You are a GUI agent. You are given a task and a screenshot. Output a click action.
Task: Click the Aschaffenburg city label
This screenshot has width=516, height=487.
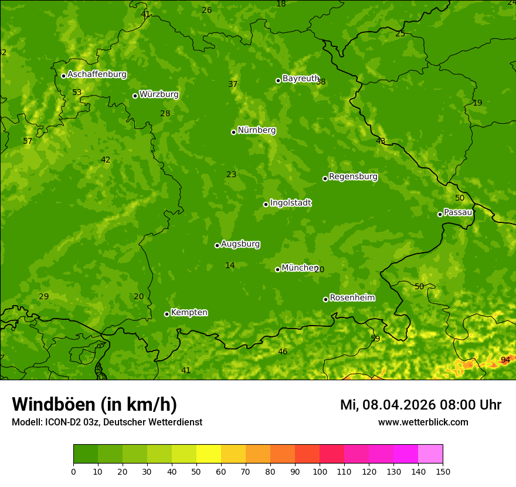[97, 75]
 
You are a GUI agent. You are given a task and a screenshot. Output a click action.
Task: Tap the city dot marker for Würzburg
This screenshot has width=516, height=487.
[135, 96]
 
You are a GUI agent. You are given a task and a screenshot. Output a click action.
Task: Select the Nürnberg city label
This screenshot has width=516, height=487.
[256, 130]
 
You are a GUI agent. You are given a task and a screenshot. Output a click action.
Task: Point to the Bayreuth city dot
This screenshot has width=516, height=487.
[278, 80]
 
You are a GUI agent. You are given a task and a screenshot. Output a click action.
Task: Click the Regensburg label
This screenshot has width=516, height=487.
[353, 177]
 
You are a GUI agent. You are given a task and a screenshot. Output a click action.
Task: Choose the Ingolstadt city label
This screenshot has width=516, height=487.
[290, 203]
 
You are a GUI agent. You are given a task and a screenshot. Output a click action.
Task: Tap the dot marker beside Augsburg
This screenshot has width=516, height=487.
[217, 245]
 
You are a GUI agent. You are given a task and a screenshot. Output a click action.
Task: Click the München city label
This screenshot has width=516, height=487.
[300, 268]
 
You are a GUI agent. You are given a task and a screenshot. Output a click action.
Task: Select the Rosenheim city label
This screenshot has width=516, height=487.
[352, 298]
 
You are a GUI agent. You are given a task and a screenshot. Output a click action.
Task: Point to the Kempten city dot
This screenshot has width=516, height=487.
[167, 314]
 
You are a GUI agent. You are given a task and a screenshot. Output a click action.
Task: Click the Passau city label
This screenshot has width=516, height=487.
[457, 212]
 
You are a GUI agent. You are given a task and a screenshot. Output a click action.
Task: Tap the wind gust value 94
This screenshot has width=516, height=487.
[505, 360]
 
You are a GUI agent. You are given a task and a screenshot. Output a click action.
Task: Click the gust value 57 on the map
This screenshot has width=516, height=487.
[28, 141]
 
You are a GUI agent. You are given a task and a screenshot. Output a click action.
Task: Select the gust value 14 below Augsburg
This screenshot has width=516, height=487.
[230, 266]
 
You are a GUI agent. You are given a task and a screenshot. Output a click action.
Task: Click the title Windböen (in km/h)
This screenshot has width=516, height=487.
[94, 404]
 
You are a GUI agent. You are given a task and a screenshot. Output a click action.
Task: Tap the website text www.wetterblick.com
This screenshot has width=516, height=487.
[423, 422]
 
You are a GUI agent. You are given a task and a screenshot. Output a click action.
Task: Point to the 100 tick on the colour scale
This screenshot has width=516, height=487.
[320, 471]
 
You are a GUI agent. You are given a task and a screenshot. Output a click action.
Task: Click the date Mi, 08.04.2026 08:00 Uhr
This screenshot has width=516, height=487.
[420, 405]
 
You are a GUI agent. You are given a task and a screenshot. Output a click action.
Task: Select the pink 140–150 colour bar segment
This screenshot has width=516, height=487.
[430, 454]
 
